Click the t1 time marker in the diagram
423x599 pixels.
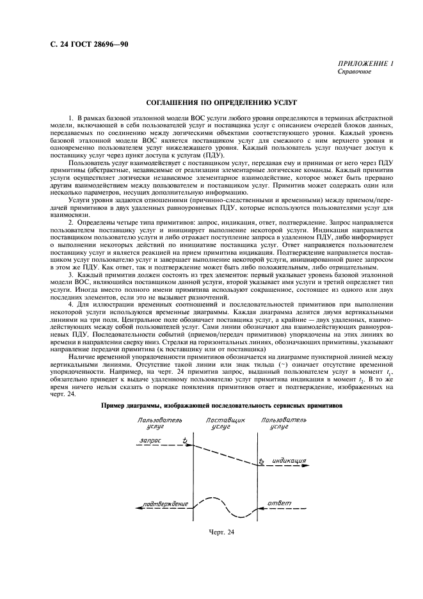pos(185,441)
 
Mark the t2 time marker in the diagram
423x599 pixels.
pos(262,461)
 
